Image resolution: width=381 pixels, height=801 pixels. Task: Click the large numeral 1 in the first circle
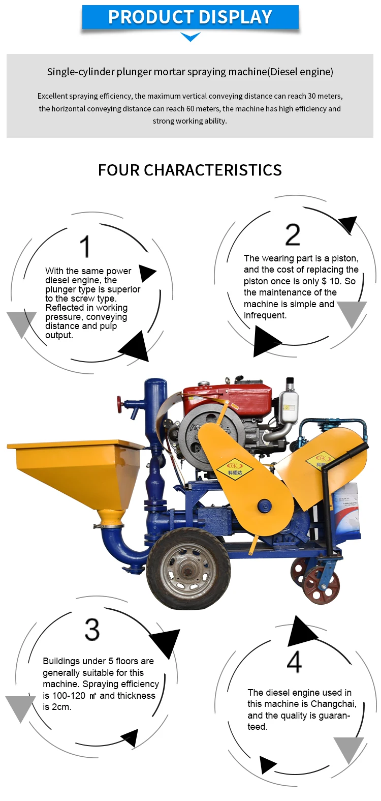pyautogui.click(x=85, y=246)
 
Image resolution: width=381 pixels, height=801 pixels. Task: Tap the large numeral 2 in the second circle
pyautogui.click(x=293, y=234)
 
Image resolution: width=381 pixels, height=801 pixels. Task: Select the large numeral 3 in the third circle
pyautogui.click(x=92, y=630)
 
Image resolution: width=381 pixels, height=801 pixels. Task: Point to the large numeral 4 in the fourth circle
pyautogui.click(x=295, y=662)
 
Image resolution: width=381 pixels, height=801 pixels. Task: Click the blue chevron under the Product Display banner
pyautogui.click(x=190, y=37)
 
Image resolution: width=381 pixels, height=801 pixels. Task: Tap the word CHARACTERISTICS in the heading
pyautogui.click(x=213, y=170)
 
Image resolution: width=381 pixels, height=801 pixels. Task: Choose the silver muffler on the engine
pyautogui.click(x=288, y=408)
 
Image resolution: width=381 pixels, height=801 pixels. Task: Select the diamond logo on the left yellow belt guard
pyautogui.click(x=235, y=468)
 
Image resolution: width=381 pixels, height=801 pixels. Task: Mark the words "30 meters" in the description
pyautogui.click(x=325, y=96)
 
